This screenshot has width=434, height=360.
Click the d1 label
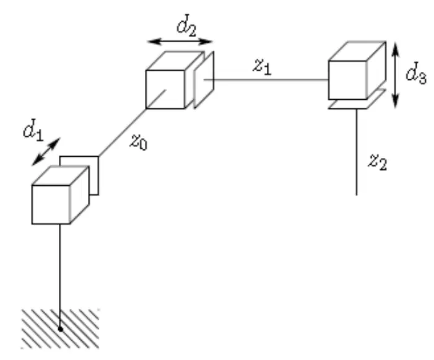click(x=33, y=130)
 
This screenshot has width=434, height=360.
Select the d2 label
click(x=187, y=25)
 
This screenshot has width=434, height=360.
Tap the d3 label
click(x=416, y=72)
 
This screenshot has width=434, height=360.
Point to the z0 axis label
click(x=139, y=141)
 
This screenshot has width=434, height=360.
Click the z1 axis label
click(x=262, y=66)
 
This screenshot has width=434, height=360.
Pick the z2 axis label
click(x=378, y=162)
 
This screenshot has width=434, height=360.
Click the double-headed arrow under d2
click(x=180, y=42)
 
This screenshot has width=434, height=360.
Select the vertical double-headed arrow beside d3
click(x=396, y=75)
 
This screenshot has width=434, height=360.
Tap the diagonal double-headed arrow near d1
click(x=46, y=152)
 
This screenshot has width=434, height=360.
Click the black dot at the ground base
click(x=60, y=329)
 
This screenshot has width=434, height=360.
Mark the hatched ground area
click(x=60, y=328)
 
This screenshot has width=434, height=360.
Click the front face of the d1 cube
click(x=51, y=204)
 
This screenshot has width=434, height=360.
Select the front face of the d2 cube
click(x=165, y=89)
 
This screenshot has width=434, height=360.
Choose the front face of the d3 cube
click(x=348, y=80)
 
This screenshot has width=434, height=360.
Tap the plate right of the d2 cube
click(x=204, y=80)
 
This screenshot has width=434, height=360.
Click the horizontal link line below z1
click(x=267, y=80)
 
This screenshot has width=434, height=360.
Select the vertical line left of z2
click(x=357, y=152)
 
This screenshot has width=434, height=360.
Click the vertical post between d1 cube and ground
click(x=60, y=276)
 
